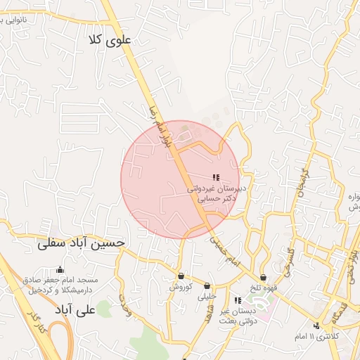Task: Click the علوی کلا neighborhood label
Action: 111,40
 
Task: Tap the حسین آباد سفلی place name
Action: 82,243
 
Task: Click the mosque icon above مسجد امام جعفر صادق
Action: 60,269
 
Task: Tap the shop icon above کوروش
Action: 181,276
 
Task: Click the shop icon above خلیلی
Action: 207,286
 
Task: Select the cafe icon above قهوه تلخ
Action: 263,278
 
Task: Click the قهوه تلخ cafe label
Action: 263,288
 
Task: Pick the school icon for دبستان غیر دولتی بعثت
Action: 237,301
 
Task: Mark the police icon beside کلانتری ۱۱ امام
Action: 317,325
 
